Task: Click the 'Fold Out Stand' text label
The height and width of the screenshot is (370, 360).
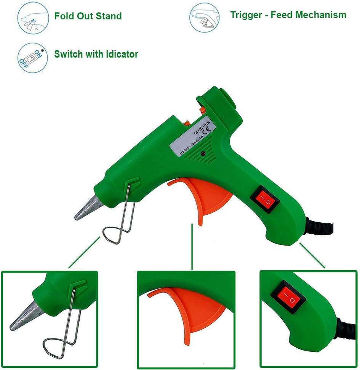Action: coord(88,16)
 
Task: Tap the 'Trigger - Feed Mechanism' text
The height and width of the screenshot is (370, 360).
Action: coord(288,15)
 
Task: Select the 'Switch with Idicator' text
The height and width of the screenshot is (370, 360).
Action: coord(96,54)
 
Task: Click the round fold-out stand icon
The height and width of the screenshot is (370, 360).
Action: coord(33,18)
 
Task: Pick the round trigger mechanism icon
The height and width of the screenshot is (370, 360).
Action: coord(205,18)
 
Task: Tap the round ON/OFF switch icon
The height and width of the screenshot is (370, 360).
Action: coord(33,58)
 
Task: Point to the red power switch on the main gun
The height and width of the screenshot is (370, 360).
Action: coord(265,199)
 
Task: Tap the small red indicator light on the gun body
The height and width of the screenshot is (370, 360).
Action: coord(203,154)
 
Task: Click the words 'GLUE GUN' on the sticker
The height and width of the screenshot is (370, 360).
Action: coord(202,128)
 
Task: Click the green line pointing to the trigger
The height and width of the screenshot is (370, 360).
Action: coord(192,247)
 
